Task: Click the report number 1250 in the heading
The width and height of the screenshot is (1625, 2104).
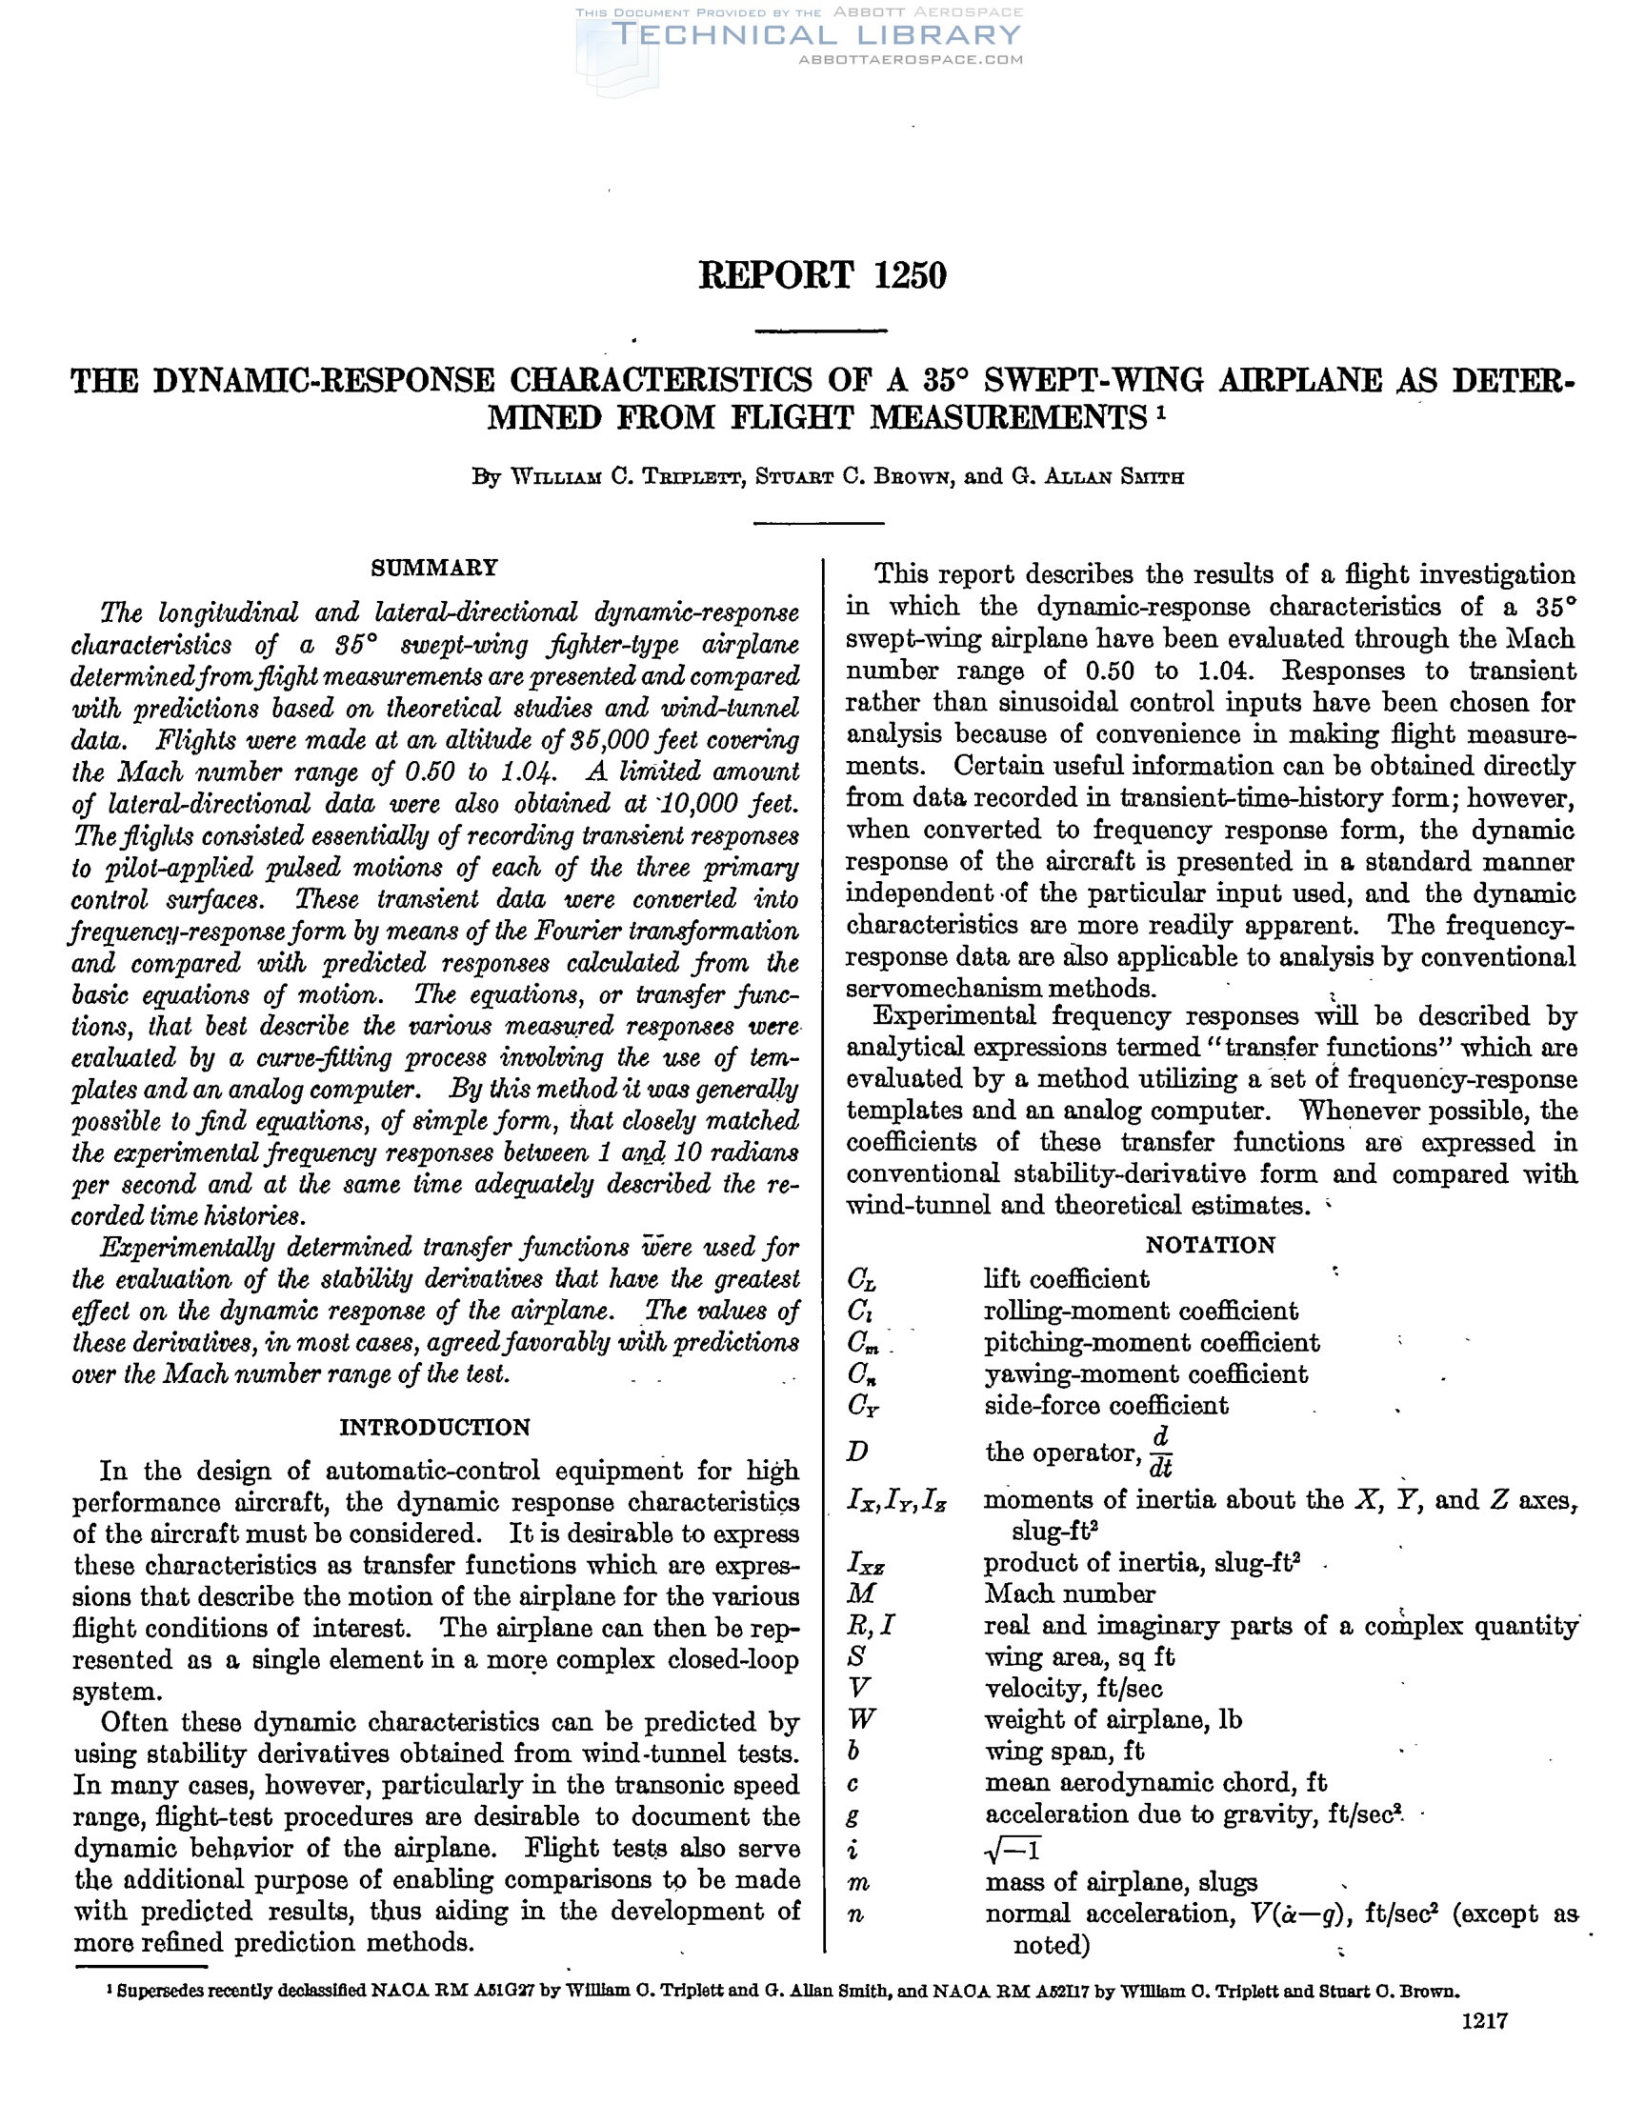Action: [x=910, y=275]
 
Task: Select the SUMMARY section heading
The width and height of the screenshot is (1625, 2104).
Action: [x=434, y=568]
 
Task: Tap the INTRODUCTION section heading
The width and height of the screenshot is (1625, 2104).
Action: [x=434, y=1427]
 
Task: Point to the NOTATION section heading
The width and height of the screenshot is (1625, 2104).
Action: [x=1210, y=1245]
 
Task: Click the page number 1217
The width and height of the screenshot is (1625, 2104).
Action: [x=1483, y=2047]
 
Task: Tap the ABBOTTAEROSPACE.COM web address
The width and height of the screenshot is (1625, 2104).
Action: [x=911, y=60]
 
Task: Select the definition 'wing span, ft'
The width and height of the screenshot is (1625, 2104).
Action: [x=1064, y=1751]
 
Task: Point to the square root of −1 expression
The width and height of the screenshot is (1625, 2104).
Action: [x=1013, y=1849]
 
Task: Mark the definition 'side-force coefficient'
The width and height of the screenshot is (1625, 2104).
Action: [x=1106, y=1406]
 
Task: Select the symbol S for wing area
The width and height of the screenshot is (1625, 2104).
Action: [x=857, y=1656]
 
